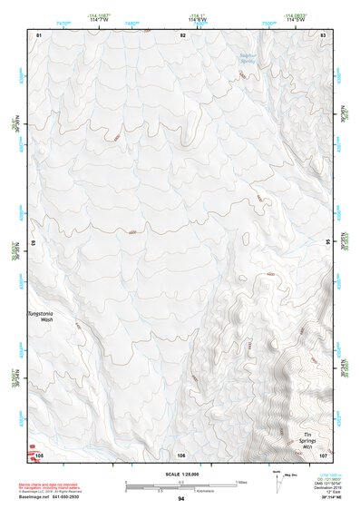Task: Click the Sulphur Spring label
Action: pyautogui.click(x=248, y=58)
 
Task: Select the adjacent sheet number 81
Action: pyautogui.click(x=39, y=34)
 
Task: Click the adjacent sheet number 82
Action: pyautogui.click(x=182, y=34)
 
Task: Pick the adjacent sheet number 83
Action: pyautogui.click(x=322, y=34)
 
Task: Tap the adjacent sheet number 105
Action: pyautogui.click(x=39, y=455)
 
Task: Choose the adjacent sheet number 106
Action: pyautogui.click(x=181, y=455)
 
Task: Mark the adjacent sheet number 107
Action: pyautogui.click(x=322, y=455)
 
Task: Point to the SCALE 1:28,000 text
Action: pyautogui.click(x=181, y=475)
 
